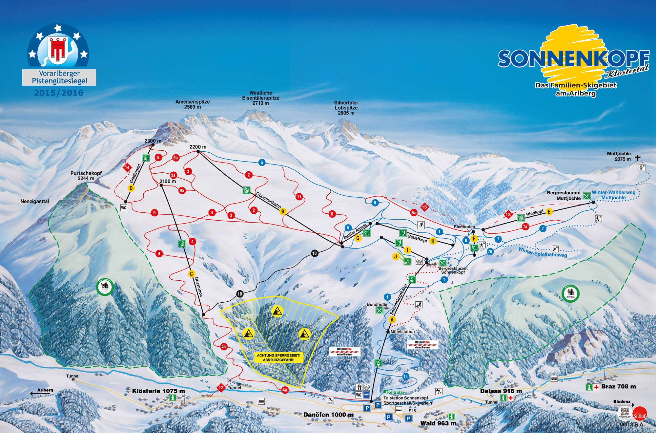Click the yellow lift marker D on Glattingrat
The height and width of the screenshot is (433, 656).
tap(131, 188)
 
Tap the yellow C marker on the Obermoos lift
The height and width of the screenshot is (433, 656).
tap(192, 274)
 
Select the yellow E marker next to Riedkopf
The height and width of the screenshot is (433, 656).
tap(549, 212)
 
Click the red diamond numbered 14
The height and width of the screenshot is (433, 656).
tap(127, 167)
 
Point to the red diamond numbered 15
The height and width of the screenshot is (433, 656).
tap(424, 207)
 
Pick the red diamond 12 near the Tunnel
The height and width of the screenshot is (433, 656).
tap(221, 388)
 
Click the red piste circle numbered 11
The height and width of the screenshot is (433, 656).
tap(299, 197)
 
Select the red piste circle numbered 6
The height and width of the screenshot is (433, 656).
tap(332, 214)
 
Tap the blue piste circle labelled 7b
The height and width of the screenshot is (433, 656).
tap(490, 251)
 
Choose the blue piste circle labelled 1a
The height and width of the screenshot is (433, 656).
tap(406, 377)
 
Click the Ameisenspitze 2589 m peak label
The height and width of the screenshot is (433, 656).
tap(193, 104)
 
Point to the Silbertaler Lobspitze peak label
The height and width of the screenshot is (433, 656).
tap(346, 108)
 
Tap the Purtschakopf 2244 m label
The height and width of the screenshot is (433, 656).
tap(86, 176)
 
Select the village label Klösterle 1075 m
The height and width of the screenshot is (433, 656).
tap(158, 391)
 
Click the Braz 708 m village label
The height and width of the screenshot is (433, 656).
tap(618, 386)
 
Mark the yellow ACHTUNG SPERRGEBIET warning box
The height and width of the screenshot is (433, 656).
tap(278, 357)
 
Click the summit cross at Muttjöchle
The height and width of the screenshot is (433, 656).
tap(637, 158)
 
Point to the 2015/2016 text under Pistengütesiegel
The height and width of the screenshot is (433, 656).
tap(59, 93)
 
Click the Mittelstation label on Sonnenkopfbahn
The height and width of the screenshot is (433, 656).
tap(402, 332)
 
